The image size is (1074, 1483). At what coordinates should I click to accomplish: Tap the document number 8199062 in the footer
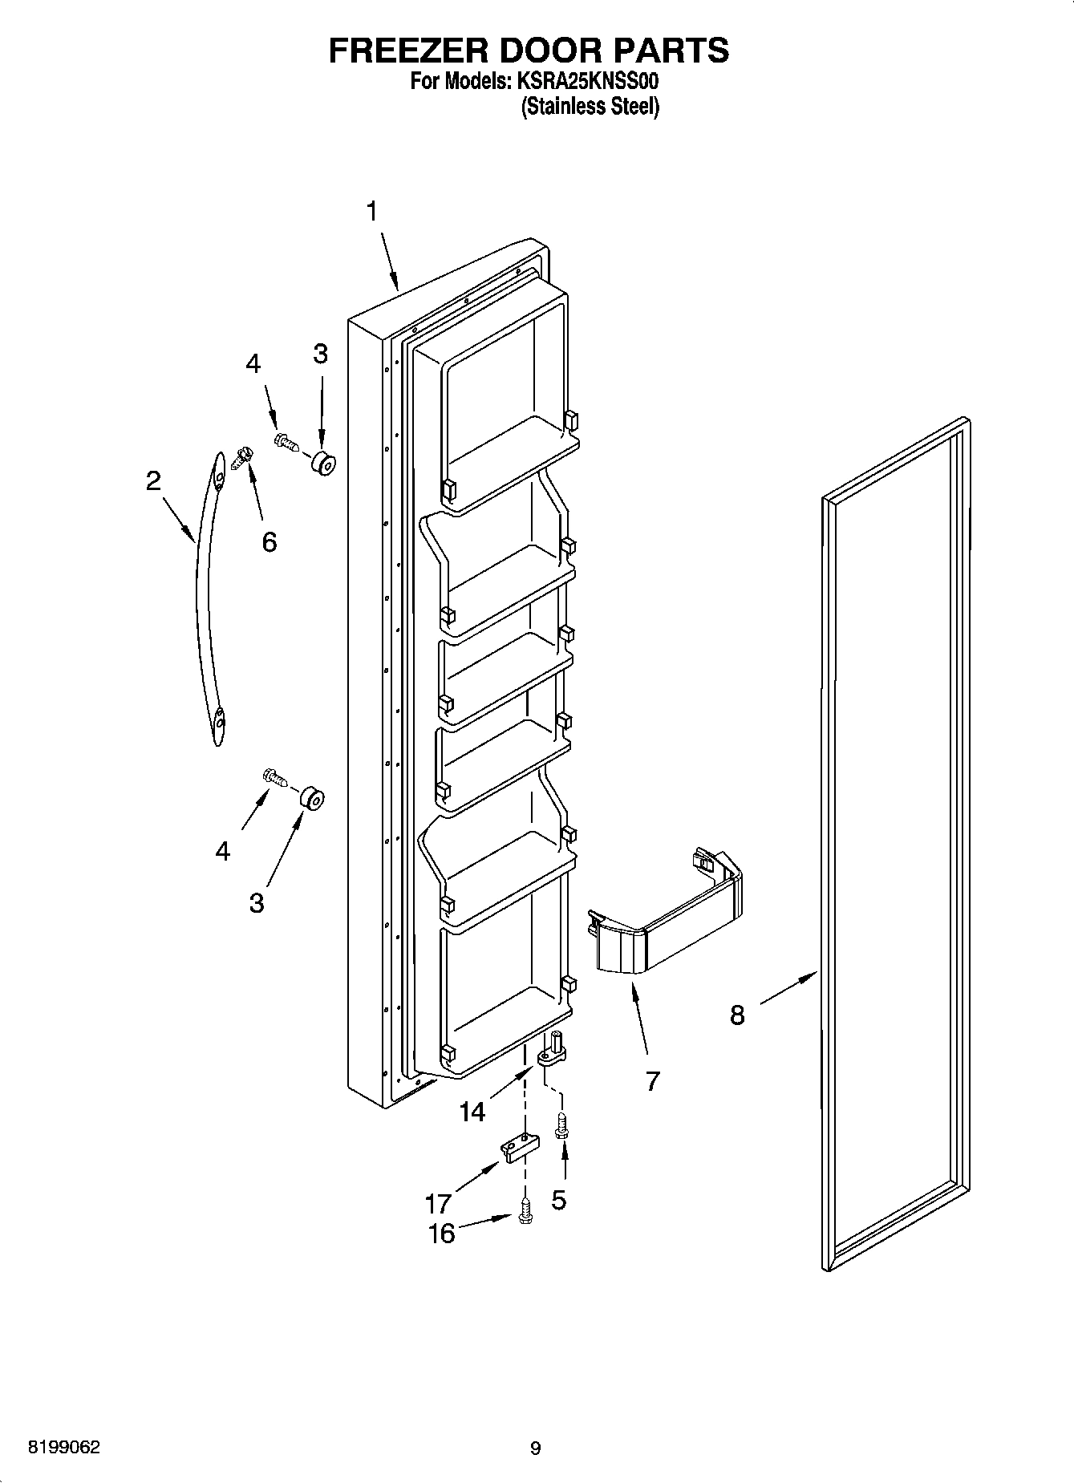(64, 1448)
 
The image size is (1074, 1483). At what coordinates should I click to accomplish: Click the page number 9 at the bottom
(535, 1449)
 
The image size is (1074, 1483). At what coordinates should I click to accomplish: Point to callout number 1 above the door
(371, 211)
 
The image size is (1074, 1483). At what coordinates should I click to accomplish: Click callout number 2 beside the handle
(153, 481)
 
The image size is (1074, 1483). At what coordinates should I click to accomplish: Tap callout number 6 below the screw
(269, 542)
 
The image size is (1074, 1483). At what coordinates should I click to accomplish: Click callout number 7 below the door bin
(652, 1080)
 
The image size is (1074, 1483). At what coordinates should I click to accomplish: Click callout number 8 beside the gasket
(737, 1015)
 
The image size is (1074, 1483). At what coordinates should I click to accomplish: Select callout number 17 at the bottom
(439, 1203)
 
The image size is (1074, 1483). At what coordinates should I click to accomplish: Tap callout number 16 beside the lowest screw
(442, 1233)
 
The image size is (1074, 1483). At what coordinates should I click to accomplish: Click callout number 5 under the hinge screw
(558, 1200)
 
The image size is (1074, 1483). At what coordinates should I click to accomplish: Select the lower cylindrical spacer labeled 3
(312, 799)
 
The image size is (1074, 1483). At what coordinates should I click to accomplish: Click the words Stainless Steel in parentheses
(590, 107)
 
